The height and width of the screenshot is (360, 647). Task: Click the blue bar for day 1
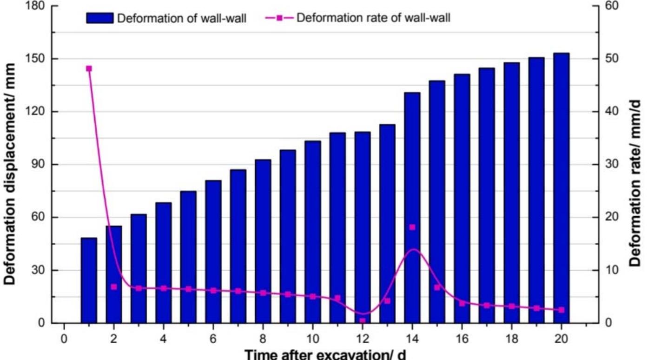coord(89,280)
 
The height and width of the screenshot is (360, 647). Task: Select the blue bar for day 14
coord(412,208)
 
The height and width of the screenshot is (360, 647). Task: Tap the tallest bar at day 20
coord(561,188)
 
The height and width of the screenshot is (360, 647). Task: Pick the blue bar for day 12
coord(363,227)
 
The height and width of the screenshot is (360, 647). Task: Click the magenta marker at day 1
coord(89,69)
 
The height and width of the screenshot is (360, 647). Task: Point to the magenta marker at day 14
coord(412,227)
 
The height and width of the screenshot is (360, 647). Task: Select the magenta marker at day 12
coord(363,320)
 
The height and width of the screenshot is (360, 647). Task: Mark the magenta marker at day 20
coord(561,310)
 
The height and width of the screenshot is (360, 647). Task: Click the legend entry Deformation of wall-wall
coord(181,19)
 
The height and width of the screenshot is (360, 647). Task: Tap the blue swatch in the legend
coord(99,19)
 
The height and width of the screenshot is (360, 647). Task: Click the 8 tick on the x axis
coord(263,337)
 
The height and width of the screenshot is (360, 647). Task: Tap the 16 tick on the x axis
coord(462,337)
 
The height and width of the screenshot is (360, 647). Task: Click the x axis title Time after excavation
coord(325,354)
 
